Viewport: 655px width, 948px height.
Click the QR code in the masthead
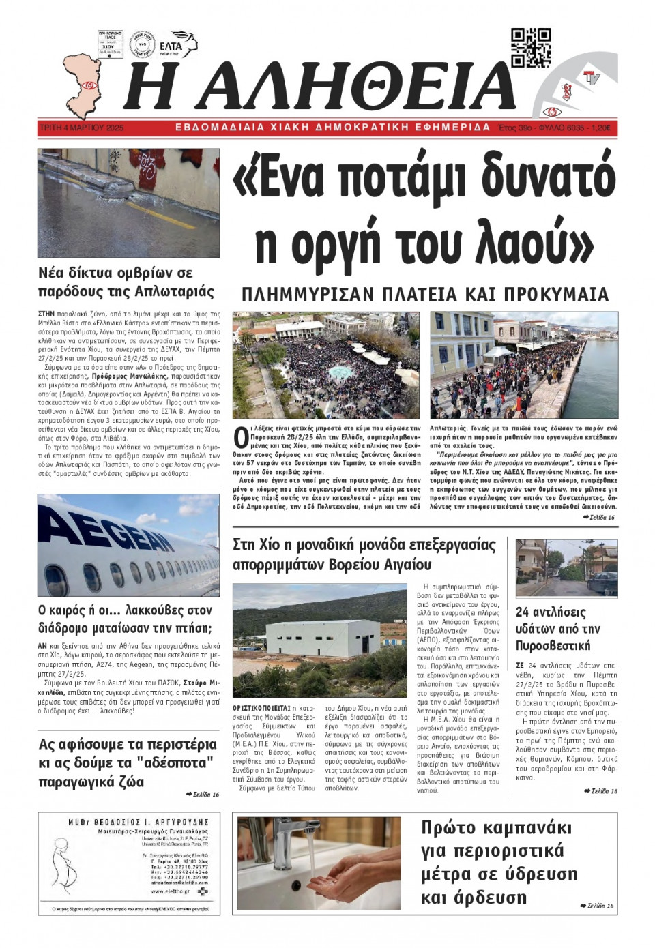click(531, 48)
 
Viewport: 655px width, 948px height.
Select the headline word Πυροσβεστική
click(553, 645)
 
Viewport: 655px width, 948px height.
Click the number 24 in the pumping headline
click(523, 612)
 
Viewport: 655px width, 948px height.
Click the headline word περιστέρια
click(175, 744)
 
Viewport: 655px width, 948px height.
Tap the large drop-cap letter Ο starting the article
click(240, 436)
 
